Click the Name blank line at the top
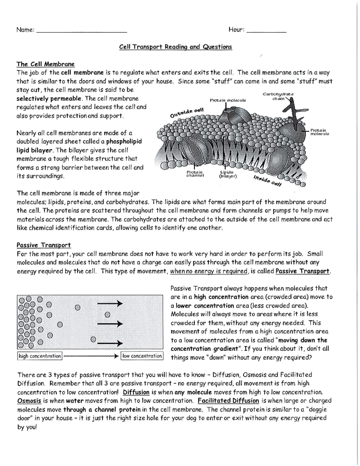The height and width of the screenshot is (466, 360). point(81,31)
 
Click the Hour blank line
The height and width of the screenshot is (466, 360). point(266,31)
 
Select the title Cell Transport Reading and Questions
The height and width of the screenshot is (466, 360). point(175,47)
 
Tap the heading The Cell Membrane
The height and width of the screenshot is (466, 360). point(45,64)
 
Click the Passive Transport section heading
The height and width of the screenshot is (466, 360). point(43,245)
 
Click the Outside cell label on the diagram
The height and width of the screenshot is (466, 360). point(187,113)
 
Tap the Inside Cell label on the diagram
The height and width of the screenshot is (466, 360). point(267,181)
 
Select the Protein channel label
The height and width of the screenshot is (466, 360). point(195,174)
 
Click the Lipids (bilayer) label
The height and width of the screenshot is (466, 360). point(228,174)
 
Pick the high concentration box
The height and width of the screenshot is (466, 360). point(40,356)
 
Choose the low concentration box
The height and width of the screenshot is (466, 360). point(142,356)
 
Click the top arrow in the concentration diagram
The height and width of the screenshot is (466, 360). point(110,304)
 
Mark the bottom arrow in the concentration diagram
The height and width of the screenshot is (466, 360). point(110,344)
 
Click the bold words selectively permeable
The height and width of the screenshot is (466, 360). point(49,99)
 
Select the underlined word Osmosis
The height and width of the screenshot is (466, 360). point(29,401)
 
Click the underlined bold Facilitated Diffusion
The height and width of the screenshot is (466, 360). point(228,401)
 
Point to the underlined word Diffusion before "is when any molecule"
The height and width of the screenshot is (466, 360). point(136,392)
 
